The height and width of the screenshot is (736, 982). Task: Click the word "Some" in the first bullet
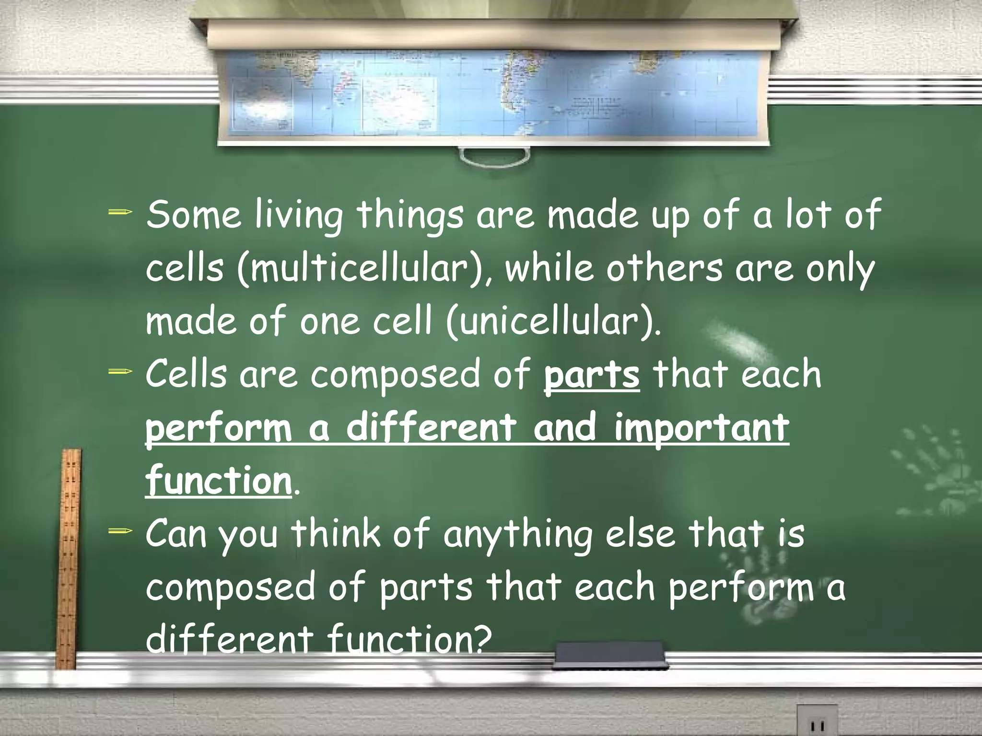click(x=194, y=215)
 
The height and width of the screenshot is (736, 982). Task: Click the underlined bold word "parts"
click(x=592, y=375)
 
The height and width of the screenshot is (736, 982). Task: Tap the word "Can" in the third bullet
click(x=176, y=534)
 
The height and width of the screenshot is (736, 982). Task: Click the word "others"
click(x=664, y=268)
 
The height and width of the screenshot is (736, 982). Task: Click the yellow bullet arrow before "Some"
click(x=120, y=211)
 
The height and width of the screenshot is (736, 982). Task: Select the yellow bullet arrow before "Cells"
click(x=120, y=371)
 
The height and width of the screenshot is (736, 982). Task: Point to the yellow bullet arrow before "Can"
click(x=120, y=530)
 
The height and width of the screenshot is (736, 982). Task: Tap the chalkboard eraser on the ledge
click(x=609, y=655)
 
